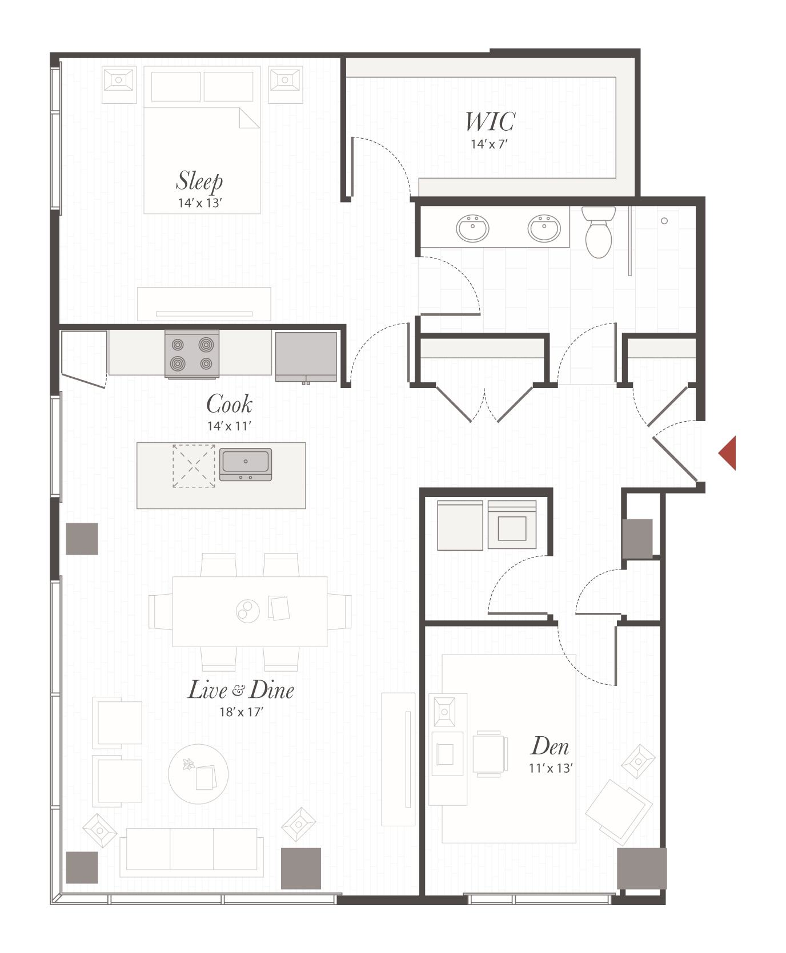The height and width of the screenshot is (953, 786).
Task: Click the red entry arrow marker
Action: [728, 453]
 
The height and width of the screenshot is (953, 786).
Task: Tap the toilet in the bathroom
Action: [598, 234]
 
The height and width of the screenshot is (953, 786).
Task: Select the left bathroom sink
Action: [472, 228]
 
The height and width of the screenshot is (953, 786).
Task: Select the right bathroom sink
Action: [544, 228]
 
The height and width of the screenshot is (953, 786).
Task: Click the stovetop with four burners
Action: [192, 354]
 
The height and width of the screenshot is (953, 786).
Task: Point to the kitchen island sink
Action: [246, 464]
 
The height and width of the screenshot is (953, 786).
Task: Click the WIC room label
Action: [490, 122]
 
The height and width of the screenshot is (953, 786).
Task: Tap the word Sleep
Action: [199, 181]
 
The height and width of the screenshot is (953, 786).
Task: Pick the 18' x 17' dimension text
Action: [240, 712]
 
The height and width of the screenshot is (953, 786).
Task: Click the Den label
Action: [550, 746]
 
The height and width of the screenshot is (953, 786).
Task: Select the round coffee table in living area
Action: [198, 774]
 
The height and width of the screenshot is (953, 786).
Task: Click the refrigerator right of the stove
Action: [306, 357]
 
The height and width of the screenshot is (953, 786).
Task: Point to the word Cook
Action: [229, 404]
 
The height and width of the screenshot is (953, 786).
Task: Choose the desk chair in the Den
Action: [490, 753]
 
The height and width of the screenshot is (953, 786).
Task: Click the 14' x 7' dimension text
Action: [489, 144]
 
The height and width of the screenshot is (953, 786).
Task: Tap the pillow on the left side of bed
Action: [176, 86]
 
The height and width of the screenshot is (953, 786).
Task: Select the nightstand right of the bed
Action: [286, 84]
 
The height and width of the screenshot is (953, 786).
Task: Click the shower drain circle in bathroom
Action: [664, 221]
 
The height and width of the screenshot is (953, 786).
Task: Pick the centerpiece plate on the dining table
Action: [248, 611]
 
